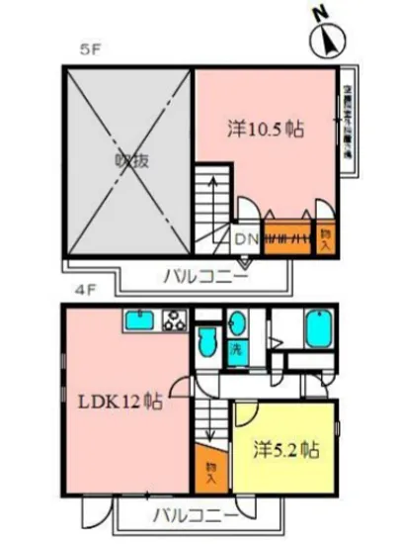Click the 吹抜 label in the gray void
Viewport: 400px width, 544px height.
(129, 161)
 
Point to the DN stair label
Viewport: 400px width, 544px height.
(246, 237)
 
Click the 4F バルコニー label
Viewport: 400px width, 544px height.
(194, 515)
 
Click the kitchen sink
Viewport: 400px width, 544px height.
(137, 321)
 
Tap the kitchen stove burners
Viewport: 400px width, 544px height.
(175, 321)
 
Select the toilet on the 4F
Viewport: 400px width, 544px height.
(205, 342)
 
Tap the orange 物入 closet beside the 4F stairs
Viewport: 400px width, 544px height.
(211, 472)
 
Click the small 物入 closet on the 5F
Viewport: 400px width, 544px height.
(325, 238)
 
